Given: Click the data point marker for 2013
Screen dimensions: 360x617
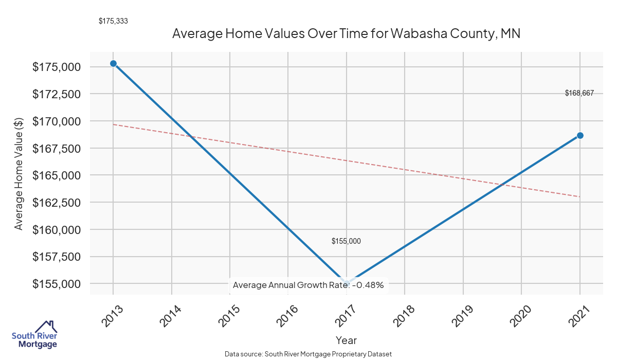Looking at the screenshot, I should pos(113,63).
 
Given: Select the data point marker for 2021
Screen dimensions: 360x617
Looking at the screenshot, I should pos(580,135).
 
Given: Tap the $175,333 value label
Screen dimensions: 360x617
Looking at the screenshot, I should pos(113,21).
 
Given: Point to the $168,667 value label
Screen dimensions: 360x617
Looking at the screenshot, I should pos(579,93).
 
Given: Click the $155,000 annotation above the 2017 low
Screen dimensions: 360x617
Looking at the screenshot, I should pos(346,241).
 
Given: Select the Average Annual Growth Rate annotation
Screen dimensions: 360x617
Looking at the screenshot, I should pos(308,284).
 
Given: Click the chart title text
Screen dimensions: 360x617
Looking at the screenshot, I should pos(347,34).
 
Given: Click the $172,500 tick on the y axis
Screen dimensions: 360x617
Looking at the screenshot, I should pos(56,94).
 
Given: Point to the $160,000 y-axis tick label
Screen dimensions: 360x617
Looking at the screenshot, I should pos(56,229).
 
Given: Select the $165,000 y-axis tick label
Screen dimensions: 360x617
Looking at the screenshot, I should pos(56,175).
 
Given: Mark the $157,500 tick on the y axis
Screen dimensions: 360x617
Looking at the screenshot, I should pos(56,257).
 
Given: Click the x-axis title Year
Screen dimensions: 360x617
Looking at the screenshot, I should pos(346,340).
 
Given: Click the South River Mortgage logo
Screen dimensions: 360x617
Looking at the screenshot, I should pos(34,335).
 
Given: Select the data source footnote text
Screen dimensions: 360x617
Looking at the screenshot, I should pos(308,354).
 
